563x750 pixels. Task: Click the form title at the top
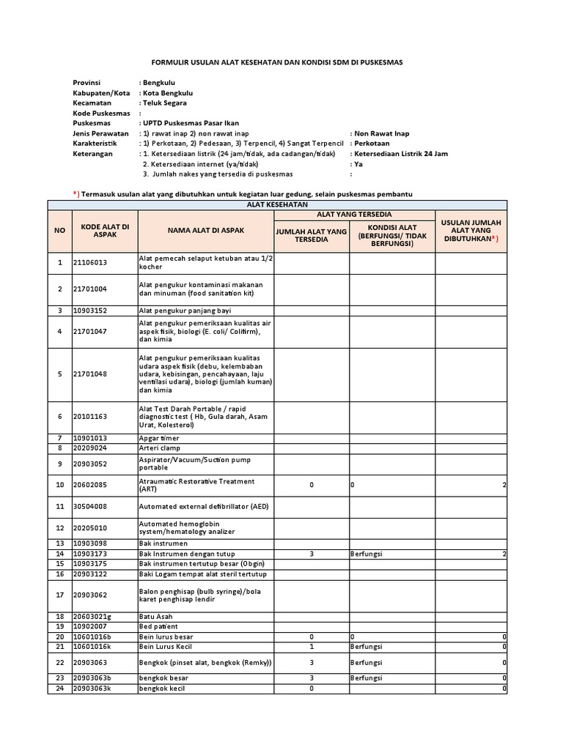tap(281, 63)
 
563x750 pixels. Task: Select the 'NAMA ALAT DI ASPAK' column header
tap(206, 230)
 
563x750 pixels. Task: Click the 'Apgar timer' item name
tap(159, 438)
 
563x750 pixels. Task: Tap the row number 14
tap(60, 554)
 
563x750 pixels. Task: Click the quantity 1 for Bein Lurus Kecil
tap(312, 647)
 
